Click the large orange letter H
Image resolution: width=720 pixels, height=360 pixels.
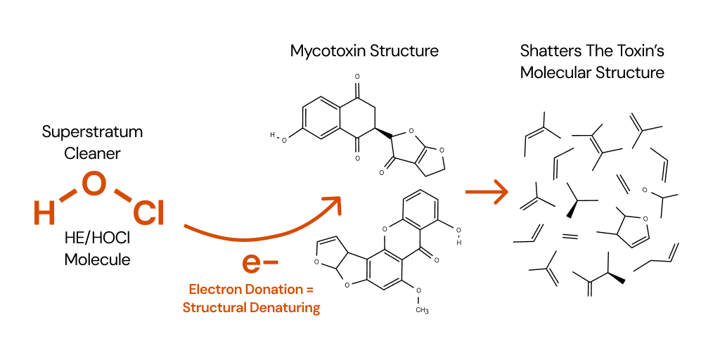coord(44,212)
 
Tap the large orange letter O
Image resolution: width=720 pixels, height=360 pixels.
coord(94,184)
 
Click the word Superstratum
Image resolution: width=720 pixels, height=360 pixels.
coord(92,131)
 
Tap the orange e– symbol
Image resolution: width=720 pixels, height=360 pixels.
coord(259,262)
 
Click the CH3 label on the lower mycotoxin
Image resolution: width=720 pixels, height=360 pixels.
coord(422,310)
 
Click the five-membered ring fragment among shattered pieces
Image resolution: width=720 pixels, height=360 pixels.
coord(627,226)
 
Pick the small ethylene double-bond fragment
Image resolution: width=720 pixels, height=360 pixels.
coord(570,237)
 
